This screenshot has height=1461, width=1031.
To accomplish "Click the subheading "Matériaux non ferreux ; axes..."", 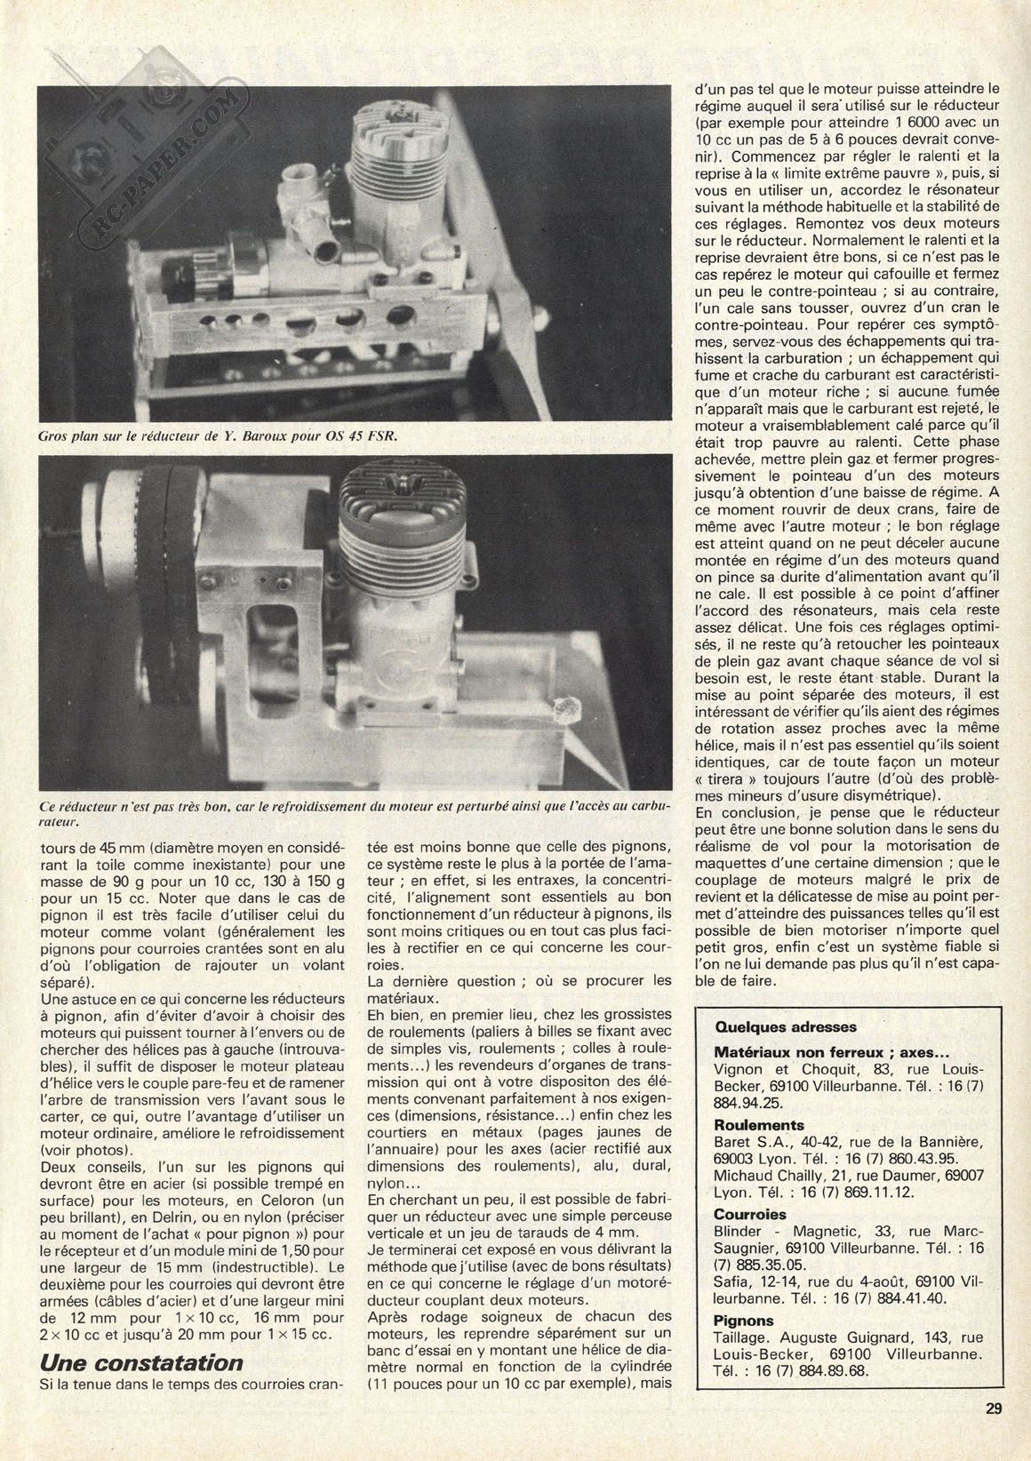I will (x=824, y=1050).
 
